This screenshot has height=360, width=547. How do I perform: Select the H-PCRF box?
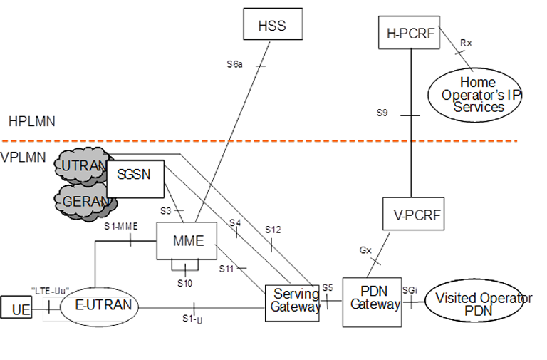[x=410, y=33]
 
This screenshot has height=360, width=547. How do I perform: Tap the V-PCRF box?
[x=413, y=213]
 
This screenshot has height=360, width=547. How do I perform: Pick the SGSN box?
[x=135, y=175]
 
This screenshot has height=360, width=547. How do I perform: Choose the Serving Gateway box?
[x=292, y=302]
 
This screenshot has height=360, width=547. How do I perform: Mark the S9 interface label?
[x=383, y=112]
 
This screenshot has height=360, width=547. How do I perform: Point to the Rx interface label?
[x=466, y=43]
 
